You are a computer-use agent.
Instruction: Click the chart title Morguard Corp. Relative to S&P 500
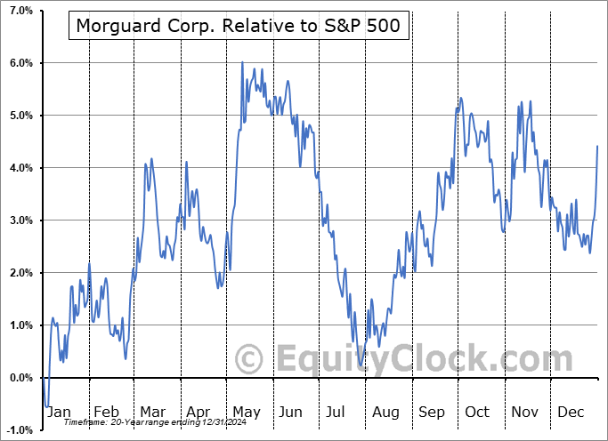coord(239,27)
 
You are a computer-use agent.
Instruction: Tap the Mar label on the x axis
coord(151,413)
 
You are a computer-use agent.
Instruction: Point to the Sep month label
coord(432,413)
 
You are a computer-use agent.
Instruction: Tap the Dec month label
coord(572,413)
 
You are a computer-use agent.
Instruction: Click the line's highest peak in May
coord(242,63)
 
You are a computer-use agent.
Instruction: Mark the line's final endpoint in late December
coord(597,146)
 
